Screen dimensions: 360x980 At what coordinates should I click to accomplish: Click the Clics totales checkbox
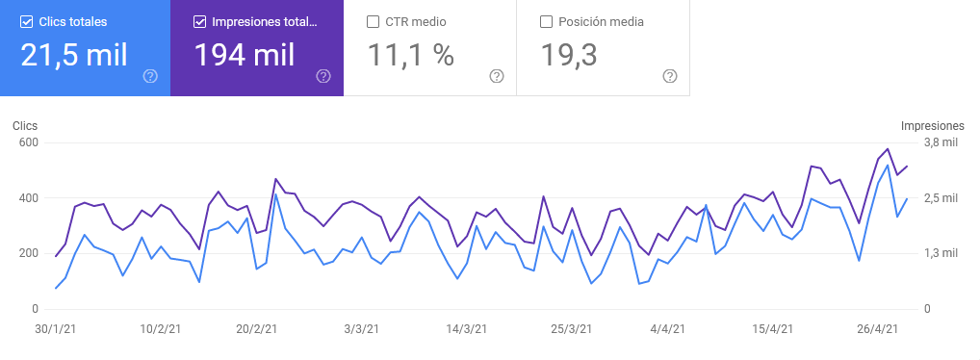[26, 21]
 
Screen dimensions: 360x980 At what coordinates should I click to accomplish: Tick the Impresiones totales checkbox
[199, 21]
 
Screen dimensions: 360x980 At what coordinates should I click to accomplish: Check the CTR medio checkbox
[374, 21]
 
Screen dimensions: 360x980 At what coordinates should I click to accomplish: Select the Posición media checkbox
[546, 21]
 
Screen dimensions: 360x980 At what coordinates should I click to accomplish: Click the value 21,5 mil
[74, 55]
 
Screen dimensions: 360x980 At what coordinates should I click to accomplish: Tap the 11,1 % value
[410, 55]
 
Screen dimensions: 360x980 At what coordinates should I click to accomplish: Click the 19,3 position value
[568, 55]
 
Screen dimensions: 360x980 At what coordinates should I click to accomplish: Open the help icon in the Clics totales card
[150, 76]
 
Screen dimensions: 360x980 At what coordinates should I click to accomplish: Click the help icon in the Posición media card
[670, 76]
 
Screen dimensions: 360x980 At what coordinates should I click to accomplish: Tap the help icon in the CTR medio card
[497, 76]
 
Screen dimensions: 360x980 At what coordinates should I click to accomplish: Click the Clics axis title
[25, 126]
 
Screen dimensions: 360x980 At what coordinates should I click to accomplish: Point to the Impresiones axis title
[932, 126]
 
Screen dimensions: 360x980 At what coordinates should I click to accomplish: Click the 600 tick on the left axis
[27, 142]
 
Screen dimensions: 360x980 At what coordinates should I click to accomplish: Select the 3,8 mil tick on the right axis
[941, 142]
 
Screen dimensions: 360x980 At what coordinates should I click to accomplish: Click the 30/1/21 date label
[56, 329]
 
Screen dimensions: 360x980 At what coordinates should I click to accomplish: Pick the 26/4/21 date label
[878, 329]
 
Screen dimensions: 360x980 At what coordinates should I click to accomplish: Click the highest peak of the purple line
[888, 149]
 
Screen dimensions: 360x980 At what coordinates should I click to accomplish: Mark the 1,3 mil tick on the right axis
[941, 253]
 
